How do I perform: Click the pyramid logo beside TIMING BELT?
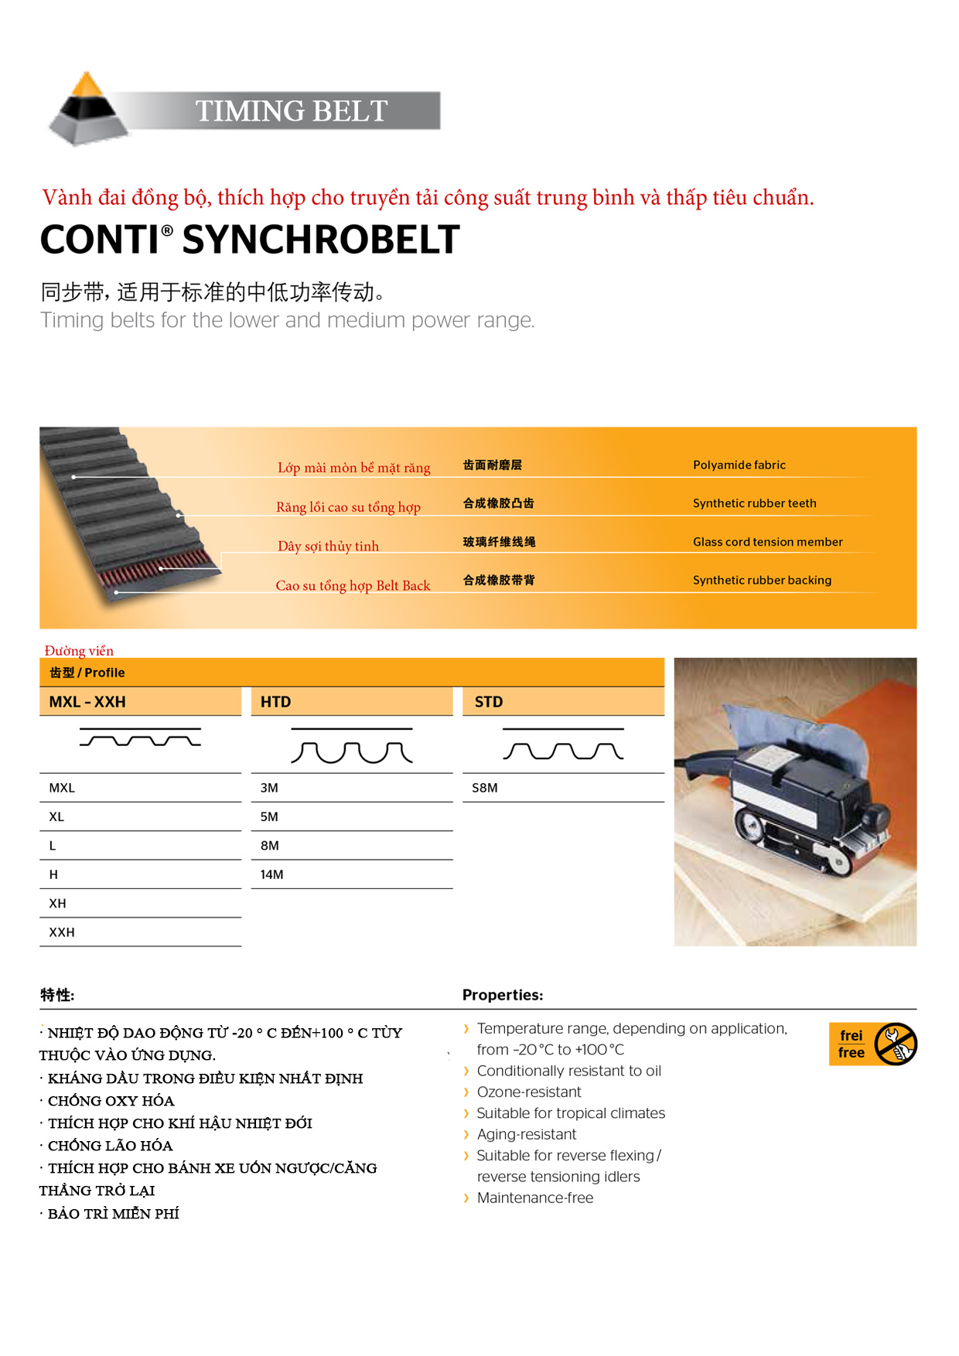(88, 109)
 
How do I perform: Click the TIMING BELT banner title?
(291, 111)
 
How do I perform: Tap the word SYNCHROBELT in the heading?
(320, 240)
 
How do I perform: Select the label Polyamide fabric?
(739, 465)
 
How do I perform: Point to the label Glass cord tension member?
(767, 542)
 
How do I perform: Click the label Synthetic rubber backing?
(762, 580)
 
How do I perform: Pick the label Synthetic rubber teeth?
(754, 503)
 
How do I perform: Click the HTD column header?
(276, 702)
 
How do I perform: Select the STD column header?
(489, 702)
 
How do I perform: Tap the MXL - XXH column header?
(87, 702)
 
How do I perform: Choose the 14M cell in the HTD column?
(272, 874)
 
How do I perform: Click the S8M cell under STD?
(485, 788)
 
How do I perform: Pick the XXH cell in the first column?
(62, 932)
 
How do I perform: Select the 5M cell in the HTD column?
(269, 816)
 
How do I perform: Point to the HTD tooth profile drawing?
(352, 746)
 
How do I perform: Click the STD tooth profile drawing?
(563, 744)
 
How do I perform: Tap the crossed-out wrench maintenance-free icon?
(896, 1044)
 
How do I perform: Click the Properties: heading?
(503, 995)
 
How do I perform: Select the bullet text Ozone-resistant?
(529, 1092)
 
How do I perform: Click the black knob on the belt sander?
(875, 815)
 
